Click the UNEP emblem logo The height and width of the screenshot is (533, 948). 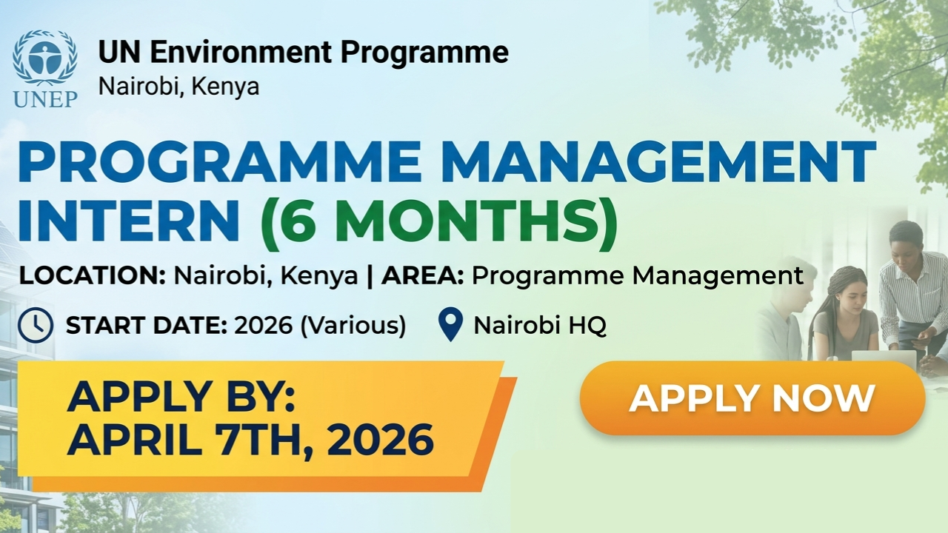(x=45, y=58)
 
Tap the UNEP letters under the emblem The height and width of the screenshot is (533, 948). (x=45, y=98)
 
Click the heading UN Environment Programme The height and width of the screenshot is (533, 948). (x=303, y=53)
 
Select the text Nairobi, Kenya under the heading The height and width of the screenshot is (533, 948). (x=178, y=86)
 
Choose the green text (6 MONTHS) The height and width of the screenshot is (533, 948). (x=438, y=222)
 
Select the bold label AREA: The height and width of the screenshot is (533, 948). (x=423, y=276)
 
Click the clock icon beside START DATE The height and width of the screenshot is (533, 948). (x=36, y=326)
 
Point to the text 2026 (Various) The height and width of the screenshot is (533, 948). (x=320, y=326)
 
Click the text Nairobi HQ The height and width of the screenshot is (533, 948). (x=540, y=326)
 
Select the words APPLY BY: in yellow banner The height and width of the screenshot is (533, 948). (x=181, y=398)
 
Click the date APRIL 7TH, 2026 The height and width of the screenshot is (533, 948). (x=250, y=440)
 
